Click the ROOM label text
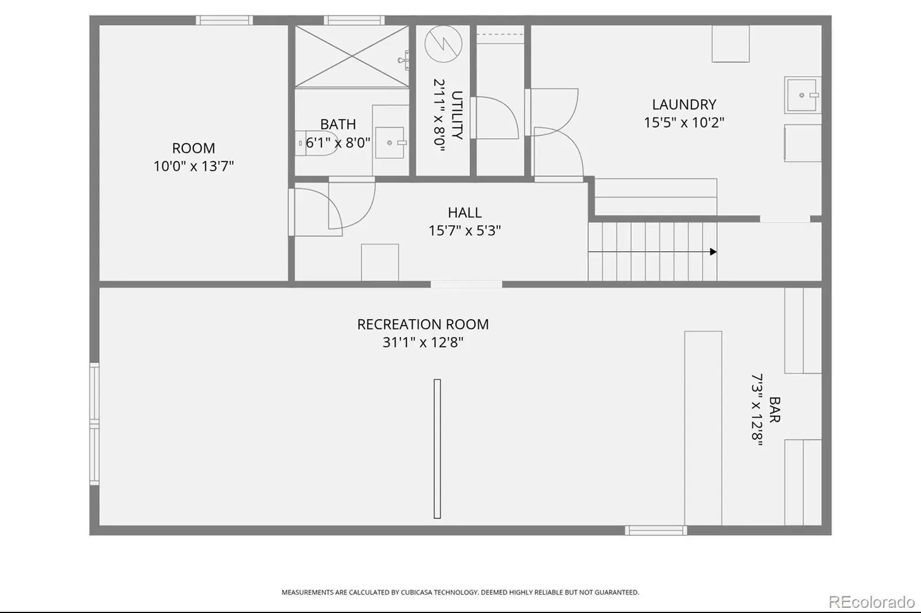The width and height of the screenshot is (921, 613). pos(193,148)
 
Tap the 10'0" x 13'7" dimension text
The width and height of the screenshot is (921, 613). pos(193,166)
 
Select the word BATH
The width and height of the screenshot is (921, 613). pos(338,124)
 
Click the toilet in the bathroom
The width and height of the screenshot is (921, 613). pos(317,143)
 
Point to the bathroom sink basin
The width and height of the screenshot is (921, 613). pos(390,143)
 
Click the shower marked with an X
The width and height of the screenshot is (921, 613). pos(352,56)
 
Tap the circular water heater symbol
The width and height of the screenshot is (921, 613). pos(443,44)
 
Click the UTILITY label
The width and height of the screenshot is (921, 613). pos(457,115)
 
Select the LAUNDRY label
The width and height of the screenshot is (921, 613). pos(684,104)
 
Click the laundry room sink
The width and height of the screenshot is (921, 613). pos(802,95)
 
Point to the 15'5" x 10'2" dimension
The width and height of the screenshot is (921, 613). pos(684,122)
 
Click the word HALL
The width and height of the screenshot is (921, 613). pos(465,212)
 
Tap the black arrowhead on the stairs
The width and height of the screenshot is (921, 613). pos(713,251)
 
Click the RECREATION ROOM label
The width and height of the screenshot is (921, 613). pos(423,324)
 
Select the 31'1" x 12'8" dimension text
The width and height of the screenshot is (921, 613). pos(423,342)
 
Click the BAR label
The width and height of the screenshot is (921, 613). pos(775,409)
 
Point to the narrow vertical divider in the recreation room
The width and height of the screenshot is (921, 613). pos(437,449)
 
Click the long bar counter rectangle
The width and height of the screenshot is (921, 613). pos(703,428)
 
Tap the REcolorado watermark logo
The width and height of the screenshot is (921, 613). pos(871,602)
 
